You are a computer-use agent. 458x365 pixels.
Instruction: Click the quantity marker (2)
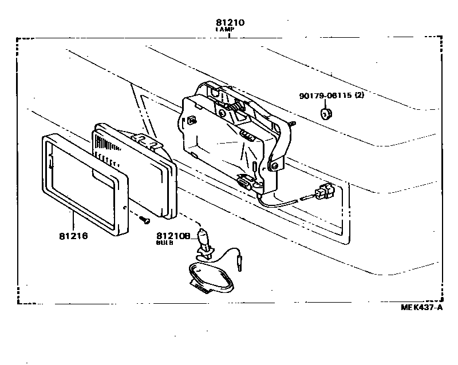coord(359,96)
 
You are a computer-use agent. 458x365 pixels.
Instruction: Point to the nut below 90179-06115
coord(326,114)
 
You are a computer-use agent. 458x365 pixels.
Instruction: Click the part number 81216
coord(73,235)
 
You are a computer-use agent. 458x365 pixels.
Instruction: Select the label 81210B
coord(173,235)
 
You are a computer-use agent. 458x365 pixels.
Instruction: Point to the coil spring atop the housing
coord(234,105)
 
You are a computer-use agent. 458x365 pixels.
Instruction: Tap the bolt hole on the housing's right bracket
coord(275,165)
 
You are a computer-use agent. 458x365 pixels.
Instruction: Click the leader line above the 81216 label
coord(72,221)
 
